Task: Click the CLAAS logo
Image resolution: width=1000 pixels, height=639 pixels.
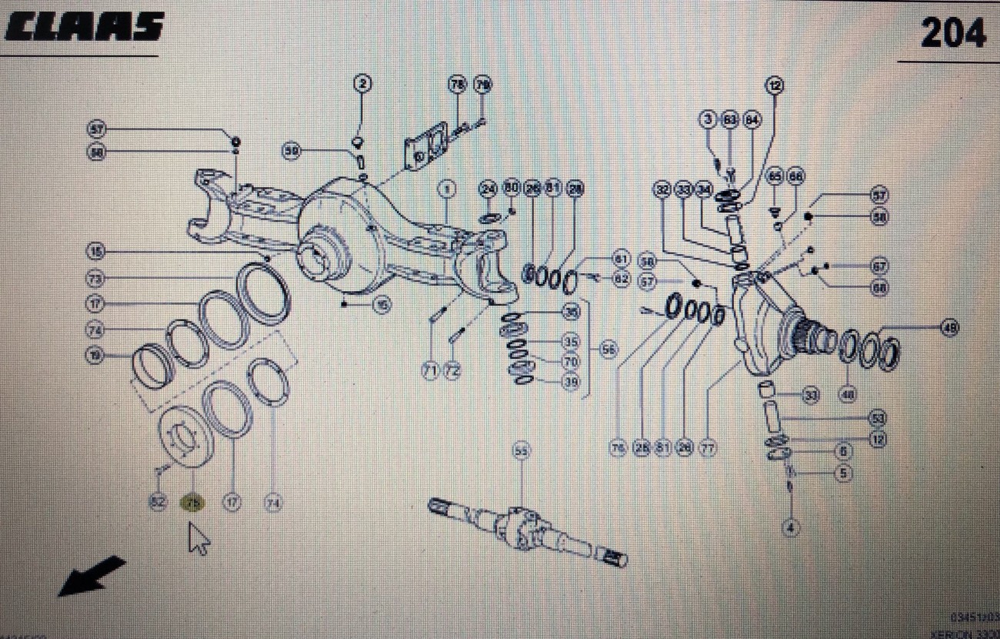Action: coord(85,28)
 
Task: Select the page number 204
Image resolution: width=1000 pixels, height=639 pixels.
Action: coord(953,33)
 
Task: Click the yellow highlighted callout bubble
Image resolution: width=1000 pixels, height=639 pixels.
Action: coord(192,504)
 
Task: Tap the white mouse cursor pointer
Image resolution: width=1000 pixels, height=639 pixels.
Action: coord(198,537)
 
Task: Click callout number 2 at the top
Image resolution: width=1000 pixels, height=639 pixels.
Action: coord(362,83)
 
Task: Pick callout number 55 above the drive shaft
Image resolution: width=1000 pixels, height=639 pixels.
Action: coord(522,453)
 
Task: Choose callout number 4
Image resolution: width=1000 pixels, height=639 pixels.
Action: coord(790,528)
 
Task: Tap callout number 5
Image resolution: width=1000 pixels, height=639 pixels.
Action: coord(843,474)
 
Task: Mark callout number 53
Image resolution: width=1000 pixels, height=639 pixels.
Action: coord(877,419)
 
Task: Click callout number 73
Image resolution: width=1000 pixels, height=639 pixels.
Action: coord(95,277)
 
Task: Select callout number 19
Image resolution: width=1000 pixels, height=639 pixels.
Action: coord(95,356)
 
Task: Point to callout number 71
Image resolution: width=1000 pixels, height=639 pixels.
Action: coord(429,372)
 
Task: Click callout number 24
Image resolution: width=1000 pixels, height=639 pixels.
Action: coord(488,189)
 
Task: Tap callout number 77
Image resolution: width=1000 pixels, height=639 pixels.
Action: coord(708,447)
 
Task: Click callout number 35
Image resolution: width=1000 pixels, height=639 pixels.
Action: coord(570,341)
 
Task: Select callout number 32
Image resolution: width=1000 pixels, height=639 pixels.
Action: coord(663,189)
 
